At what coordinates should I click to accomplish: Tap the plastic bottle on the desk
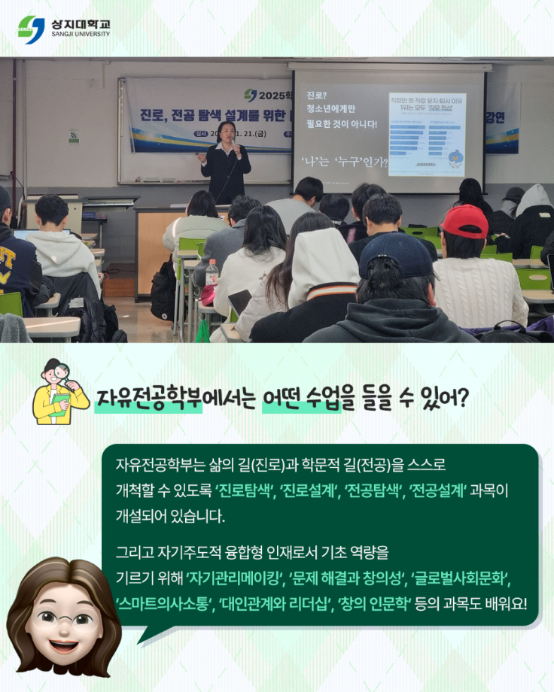point(212,273)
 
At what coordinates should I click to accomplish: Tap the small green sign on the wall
point(74,136)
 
